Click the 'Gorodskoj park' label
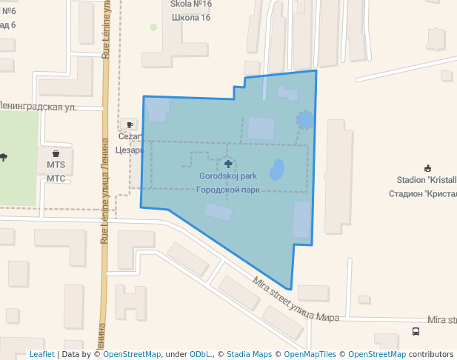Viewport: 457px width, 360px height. pos(227,176)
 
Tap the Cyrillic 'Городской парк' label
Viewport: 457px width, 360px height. pos(227,190)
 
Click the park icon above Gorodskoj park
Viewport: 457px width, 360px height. pos(227,162)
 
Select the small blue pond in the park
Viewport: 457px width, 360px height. pos(277,170)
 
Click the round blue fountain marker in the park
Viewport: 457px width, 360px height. pos(304,119)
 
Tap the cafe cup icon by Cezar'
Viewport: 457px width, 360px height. pos(130,124)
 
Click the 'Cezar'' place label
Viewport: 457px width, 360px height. pos(130,137)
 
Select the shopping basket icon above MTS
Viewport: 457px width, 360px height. pos(56,153)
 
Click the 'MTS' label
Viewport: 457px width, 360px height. pos(56,164)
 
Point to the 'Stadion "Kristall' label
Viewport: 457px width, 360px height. pos(427,180)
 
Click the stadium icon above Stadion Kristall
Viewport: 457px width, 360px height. pos(427,168)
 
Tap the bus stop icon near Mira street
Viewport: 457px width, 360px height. pos(416,331)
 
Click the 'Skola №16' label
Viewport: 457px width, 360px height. pos(191,4)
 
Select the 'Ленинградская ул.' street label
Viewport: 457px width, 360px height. pos(39,107)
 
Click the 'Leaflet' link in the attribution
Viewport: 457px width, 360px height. pos(41,354)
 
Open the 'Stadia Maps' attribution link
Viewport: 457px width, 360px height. pos(249,354)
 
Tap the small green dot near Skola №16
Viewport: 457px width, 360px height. pos(153,27)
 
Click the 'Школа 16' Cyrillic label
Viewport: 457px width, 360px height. pos(191,17)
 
